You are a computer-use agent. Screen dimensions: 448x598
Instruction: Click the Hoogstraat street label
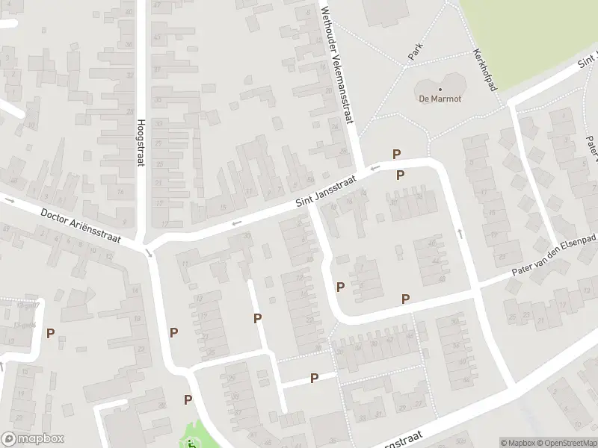click(140, 143)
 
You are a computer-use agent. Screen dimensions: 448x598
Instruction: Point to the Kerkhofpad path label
click(485, 71)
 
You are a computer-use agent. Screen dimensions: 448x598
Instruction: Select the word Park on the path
click(416, 51)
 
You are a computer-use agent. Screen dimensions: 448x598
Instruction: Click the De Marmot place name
click(440, 99)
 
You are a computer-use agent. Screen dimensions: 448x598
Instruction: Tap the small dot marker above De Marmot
click(440, 88)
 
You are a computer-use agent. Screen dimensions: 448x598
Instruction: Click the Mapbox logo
click(33, 439)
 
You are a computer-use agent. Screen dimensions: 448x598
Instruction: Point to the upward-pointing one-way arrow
click(460, 234)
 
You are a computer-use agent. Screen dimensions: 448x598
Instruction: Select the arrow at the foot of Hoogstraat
click(149, 253)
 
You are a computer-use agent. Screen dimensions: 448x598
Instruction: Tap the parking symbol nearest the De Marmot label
click(397, 154)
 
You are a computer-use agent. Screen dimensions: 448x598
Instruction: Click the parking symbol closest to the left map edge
click(51, 333)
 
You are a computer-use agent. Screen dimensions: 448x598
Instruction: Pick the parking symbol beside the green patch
click(188, 399)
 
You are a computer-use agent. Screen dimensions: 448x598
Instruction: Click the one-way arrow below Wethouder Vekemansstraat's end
click(374, 168)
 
